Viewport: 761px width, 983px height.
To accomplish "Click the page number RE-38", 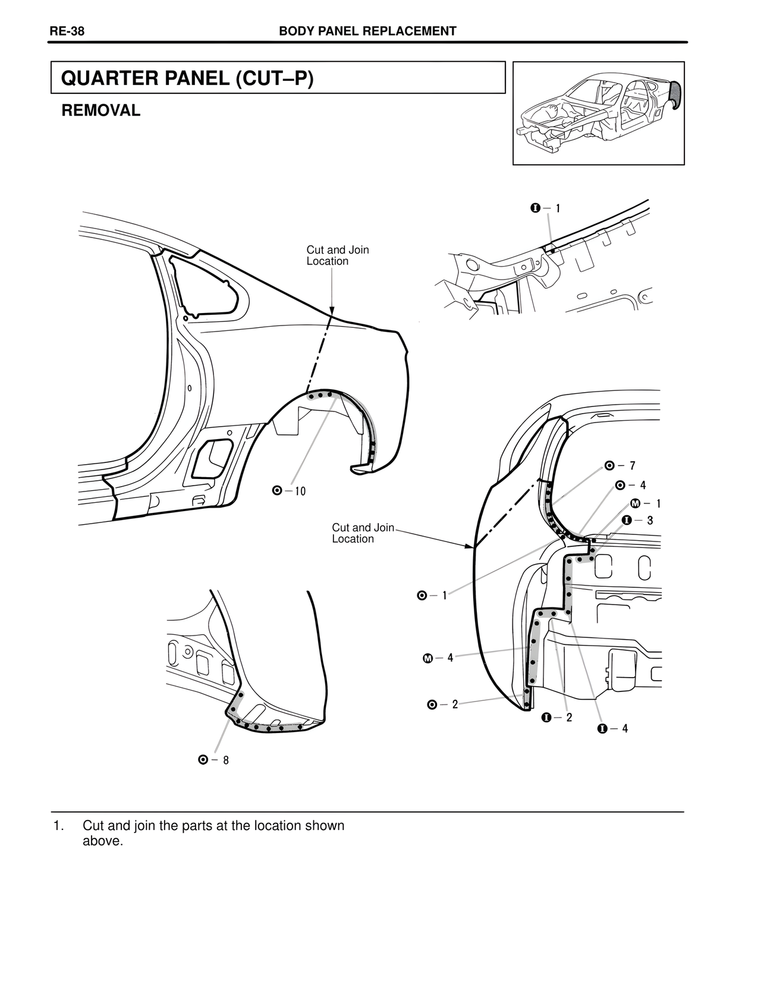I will point(67,32).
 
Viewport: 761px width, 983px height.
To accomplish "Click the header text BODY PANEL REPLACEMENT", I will point(367,32).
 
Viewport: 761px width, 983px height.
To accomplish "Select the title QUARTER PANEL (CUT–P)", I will point(187,78).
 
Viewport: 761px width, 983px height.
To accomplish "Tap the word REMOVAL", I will point(101,111).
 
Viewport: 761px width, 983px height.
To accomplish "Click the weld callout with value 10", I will point(289,491).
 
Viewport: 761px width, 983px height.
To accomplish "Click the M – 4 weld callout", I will point(438,658).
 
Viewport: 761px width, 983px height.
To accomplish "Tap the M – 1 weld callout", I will point(644,504).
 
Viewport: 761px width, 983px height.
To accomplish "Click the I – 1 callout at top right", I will point(545,208).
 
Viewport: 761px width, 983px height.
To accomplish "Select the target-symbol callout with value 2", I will point(443,705).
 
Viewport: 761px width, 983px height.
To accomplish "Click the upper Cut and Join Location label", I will point(337,255).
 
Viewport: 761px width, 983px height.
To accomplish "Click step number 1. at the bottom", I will point(58,826).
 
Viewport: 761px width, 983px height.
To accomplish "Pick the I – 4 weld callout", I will point(612,729).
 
